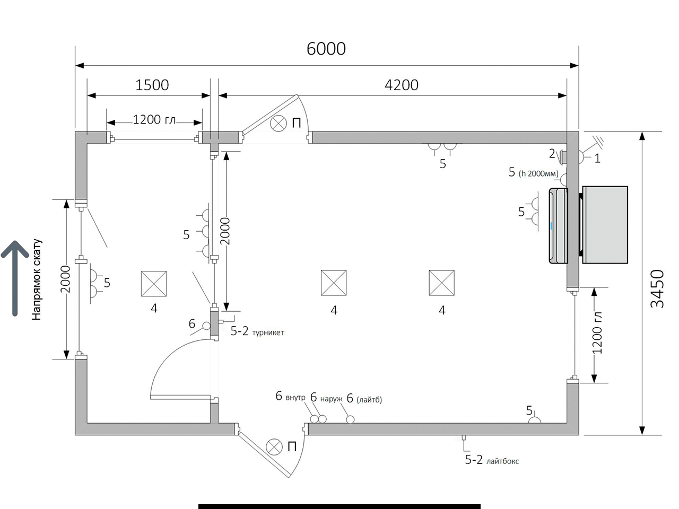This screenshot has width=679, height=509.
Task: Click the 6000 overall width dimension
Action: pos(326,49)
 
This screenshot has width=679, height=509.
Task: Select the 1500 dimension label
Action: pos(152,85)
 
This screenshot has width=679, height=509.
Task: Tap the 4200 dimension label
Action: pos(401,85)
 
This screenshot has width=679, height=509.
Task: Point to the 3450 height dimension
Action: pos(657,288)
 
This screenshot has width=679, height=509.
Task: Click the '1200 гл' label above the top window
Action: pos(154,120)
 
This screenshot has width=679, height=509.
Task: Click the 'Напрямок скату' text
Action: pos(37,279)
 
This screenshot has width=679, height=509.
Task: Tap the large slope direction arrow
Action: pos(15,278)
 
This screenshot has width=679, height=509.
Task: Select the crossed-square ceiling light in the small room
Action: pos(154,284)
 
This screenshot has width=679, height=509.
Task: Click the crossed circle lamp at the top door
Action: pos(278,124)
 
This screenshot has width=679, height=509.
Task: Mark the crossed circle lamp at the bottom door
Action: pos(274,447)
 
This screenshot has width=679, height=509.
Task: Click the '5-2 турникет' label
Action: pos(257,331)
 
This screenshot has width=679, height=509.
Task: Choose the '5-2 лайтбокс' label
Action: pos(492,460)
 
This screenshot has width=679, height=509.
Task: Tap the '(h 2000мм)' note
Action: pos(538,174)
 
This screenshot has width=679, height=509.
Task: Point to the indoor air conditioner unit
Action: pos(559,226)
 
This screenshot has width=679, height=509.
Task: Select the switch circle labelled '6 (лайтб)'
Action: pos(350,419)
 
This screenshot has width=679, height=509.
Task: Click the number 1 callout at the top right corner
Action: pos(597,159)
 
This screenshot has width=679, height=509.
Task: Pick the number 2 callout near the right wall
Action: pos(552,154)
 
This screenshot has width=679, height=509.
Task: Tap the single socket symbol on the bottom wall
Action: pos(535,420)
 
